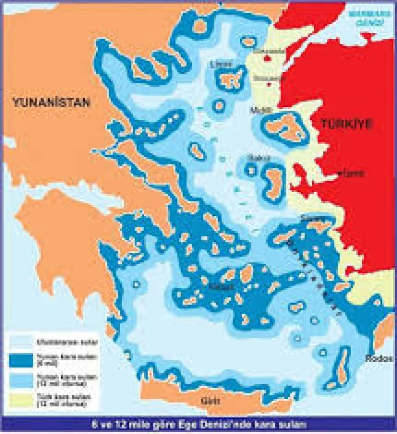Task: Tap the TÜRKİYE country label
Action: point(346,123)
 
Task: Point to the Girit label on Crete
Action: point(211,401)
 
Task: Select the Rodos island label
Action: point(379,358)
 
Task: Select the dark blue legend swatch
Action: point(20,360)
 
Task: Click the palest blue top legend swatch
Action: point(20,341)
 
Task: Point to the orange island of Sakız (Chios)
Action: point(275,182)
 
